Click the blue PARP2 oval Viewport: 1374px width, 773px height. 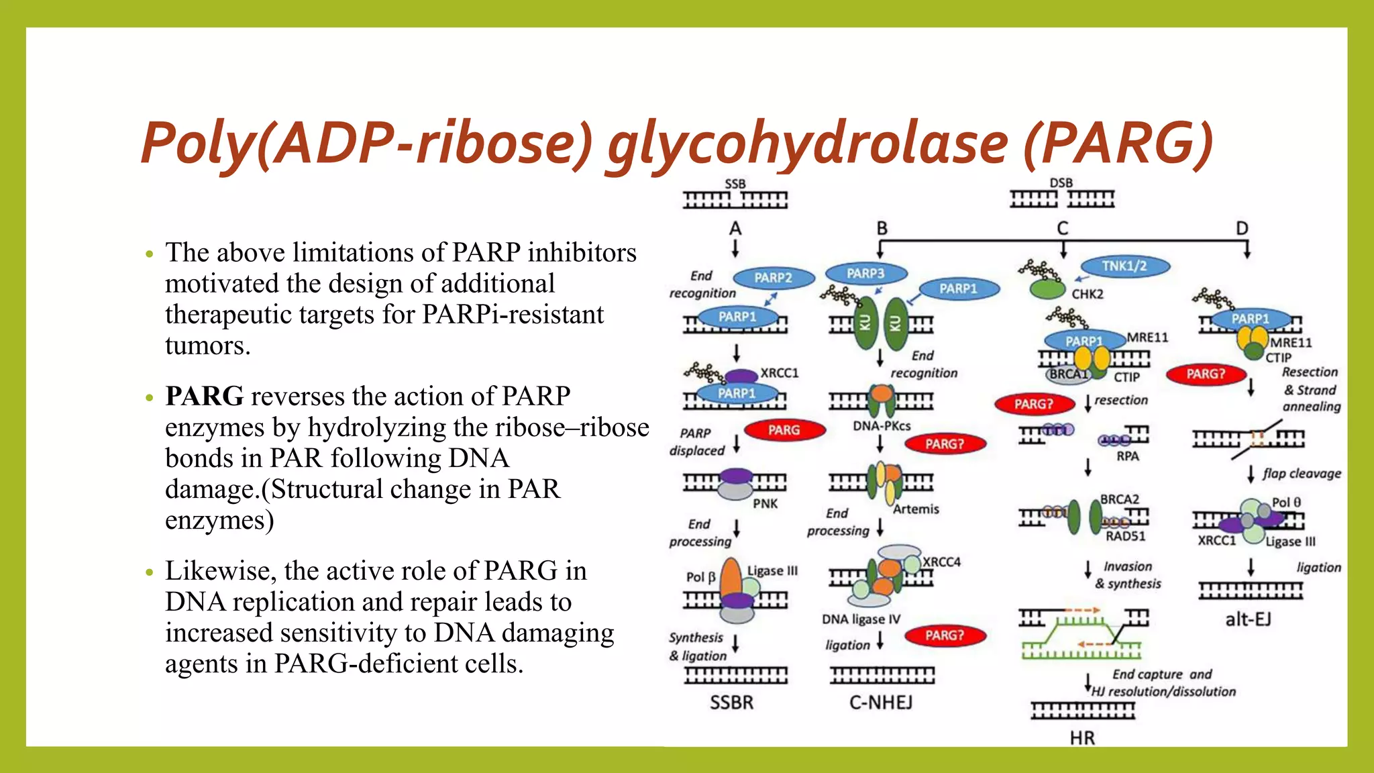[x=774, y=278]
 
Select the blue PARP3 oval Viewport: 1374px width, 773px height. [x=865, y=273]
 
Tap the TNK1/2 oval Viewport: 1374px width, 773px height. [x=1124, y=266]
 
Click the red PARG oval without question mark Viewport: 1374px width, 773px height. [x=784, y=429]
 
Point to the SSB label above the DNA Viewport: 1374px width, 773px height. [x=735, y=184]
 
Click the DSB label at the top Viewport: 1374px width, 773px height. [x=1061, y=183]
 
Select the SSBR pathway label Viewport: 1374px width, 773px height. [x=731, y=703]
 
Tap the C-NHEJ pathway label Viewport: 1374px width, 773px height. [x=881, y=702]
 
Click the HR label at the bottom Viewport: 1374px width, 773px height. [x=1082, y=738]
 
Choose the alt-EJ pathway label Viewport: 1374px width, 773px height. [x=1248, y=619]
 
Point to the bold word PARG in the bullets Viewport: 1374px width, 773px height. [x=205, y=396]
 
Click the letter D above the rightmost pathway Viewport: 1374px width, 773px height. [x=1242, y=228]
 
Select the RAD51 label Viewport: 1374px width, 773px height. [x=1126, y=536]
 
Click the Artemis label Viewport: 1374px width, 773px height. [x=916, y=509]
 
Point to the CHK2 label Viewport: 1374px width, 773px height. [x=1087, y=294]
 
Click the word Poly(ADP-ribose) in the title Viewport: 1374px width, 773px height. [x=367, y=142]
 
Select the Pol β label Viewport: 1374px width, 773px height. [x=700, y=576]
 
